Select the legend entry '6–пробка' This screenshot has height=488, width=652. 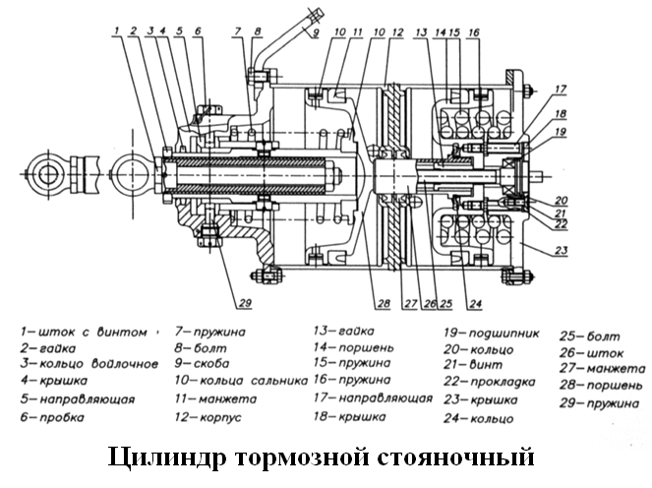click(57, 417)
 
